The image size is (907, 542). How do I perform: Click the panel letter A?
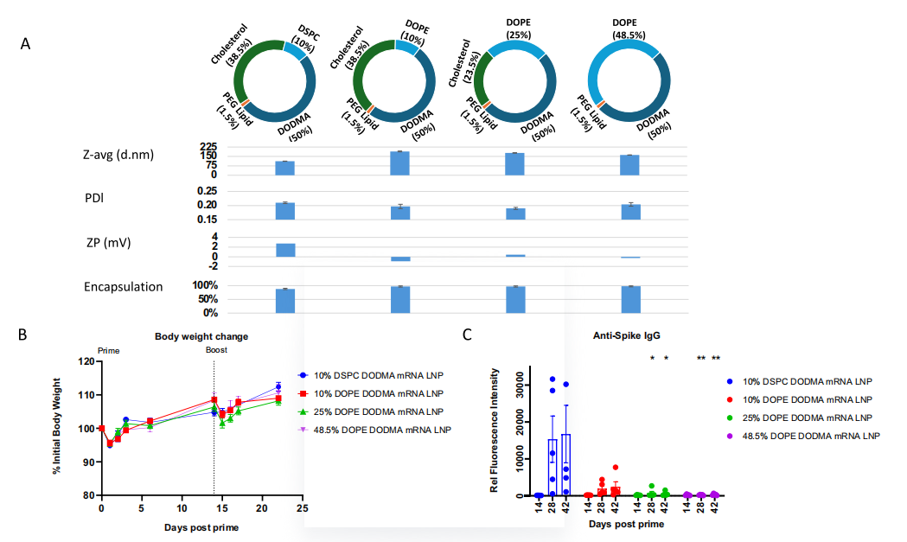(x=26, y=44)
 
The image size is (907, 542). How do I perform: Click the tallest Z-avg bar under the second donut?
(x=399, y=163)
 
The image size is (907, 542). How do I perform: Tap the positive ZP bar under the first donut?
(x=285, y=250)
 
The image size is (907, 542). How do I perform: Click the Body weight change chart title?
(x=202, y=336)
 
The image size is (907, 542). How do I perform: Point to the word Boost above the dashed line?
(x=216, y=350)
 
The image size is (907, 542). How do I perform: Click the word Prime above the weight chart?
(x=109, y=351)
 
